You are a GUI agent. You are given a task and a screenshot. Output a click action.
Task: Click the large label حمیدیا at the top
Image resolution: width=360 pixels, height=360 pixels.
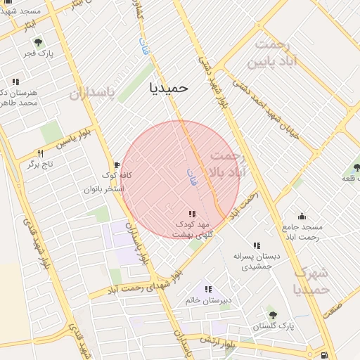(169, 87)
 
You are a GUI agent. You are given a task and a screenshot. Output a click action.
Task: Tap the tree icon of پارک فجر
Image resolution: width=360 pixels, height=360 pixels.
(38, 42)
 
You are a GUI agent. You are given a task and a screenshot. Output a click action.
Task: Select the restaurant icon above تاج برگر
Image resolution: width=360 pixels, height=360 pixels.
(40, 153)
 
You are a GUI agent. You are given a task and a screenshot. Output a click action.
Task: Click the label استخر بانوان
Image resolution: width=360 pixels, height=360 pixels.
(103, 189)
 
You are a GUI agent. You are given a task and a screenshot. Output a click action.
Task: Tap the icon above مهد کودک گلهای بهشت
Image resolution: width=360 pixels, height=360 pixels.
(191, 214)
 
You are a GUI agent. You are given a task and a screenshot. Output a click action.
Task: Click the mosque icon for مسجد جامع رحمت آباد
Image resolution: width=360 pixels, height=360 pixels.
(302, 216)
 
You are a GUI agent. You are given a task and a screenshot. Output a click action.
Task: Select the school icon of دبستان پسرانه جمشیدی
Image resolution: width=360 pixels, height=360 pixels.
(256, 245)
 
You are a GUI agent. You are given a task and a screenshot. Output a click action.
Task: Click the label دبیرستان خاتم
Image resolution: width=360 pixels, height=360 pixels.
(209, 300)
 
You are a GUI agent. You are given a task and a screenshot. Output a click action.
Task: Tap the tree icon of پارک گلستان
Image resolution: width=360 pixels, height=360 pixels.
(272, 315)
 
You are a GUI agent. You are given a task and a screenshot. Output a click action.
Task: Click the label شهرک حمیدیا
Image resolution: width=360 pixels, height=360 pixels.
(310, 281)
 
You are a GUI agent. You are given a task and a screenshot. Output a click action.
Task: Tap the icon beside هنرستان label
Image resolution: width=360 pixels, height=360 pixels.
(15, 82)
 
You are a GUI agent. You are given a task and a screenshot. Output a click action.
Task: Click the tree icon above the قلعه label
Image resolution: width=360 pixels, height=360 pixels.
(356, 168)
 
